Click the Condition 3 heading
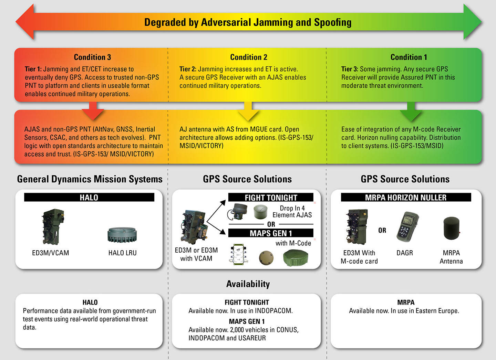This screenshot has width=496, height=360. click(92, 57)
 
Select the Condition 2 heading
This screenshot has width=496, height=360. click(248, 57)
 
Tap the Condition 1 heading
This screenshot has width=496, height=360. click(409, 57)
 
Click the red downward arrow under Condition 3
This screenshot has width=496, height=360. click(93, 111)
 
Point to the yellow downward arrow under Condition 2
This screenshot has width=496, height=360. click(248, 111)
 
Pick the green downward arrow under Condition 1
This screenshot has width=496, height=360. click(410, 111)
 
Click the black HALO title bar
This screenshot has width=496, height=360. click(89, 197)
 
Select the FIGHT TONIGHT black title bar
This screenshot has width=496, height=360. click(271, 198)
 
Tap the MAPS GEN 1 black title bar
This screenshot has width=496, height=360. click(271, 233)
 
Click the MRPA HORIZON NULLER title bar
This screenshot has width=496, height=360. click(405, 198)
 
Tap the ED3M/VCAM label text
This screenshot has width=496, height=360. click(50, 253)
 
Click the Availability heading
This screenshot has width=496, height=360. click(248, 284)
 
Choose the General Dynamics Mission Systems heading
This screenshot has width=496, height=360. click(90, 179)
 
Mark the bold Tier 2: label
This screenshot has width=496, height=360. click(188, 69)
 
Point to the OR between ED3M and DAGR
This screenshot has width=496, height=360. click(382, 230)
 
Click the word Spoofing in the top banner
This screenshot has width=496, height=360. click(332, 22)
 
